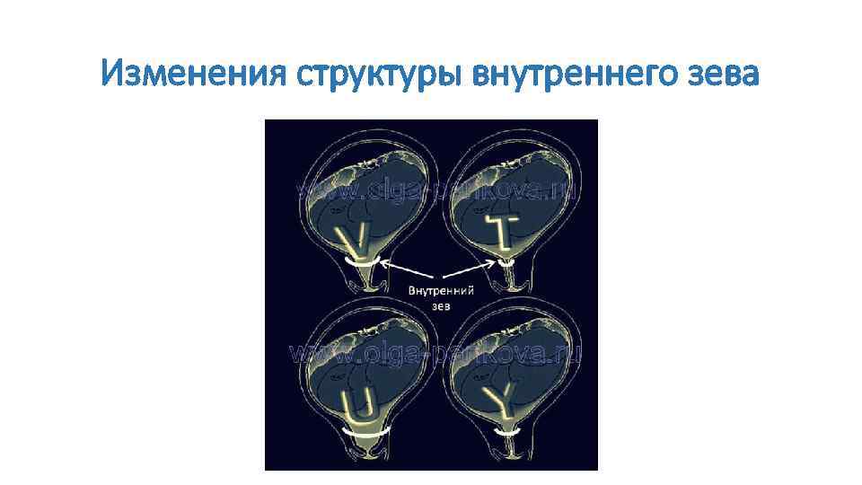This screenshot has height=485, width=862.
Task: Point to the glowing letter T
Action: pyautogui.click(x=497, y=228)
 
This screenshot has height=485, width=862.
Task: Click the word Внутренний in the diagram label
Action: pyautogui.click(x=442, y=291)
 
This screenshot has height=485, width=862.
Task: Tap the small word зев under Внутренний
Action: pyautogui.click(x=441, y=305)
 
